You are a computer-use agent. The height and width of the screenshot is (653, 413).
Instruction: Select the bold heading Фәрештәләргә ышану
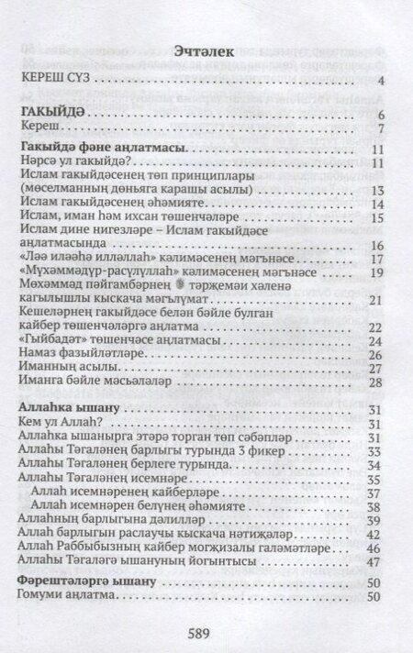pyautogui.click(x=84, y=581)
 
